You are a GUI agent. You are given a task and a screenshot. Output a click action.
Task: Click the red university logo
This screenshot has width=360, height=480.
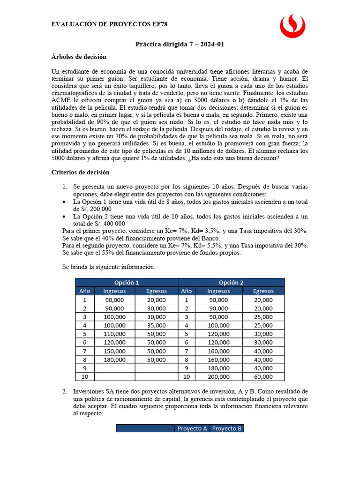tap(292, 26)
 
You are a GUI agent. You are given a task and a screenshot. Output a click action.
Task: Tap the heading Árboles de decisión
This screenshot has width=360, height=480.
tap(79, 57)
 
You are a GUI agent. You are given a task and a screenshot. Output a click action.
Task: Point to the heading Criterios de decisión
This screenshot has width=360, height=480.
tap(80, 172)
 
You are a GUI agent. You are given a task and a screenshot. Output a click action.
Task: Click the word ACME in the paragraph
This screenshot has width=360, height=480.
tap(62, 100)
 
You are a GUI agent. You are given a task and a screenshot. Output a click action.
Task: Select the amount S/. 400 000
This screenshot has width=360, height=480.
tap(93, 224)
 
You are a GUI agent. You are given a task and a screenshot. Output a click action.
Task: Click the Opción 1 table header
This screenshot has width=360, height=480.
tap(127, 282)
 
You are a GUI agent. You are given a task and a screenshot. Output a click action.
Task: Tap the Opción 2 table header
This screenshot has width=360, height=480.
tap(231, 282)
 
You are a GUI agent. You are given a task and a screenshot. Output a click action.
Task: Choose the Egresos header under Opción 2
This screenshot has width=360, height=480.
tap(263, 291)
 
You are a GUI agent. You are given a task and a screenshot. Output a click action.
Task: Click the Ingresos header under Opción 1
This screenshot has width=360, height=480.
tap(114, 291)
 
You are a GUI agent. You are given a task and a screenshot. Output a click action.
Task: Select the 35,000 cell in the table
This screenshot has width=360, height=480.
tap(156, 325)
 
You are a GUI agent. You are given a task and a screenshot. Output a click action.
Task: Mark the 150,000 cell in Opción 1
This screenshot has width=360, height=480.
tap(114, 351)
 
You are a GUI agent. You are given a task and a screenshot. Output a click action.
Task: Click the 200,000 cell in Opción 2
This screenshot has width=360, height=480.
tap(218, 376)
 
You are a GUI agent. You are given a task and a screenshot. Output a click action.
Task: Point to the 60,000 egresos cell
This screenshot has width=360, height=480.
tap(263, 376)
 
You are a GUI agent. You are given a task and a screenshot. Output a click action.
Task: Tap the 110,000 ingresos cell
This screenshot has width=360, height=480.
tap(114, 334)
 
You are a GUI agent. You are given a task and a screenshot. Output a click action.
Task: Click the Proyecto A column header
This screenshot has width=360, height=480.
tap(192, 428)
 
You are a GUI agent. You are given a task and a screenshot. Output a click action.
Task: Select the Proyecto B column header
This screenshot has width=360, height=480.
tap(227, 428)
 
